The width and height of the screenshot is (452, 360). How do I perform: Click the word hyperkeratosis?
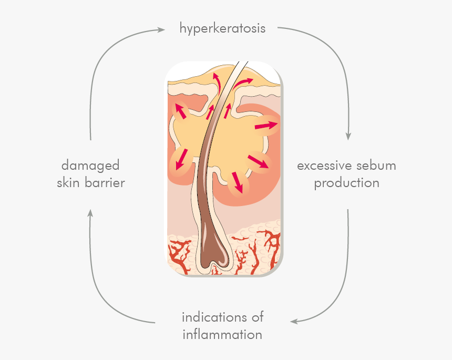point(222,29)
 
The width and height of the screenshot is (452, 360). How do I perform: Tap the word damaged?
point(90,166)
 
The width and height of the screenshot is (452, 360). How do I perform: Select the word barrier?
point(105,182)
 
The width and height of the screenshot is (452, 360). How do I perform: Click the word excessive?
point(324,166)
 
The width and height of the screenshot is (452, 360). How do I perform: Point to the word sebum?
point(376,166)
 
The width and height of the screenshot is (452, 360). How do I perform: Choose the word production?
point(346,183)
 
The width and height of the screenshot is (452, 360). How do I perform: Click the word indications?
point(214,317)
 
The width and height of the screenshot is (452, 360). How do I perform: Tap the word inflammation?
point(222,334)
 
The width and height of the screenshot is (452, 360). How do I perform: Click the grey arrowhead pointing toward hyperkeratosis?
point(161,29)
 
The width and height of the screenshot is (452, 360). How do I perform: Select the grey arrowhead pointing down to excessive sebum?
point(348,136)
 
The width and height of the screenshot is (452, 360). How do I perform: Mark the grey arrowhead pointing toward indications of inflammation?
point(294,321)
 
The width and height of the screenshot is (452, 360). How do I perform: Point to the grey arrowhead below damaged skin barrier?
point(90,213)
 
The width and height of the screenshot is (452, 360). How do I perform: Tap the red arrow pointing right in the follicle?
point(266,126)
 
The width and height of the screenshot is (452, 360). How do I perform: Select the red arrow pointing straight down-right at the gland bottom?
point(238,182)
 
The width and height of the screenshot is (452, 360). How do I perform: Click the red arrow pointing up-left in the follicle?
point(181,111)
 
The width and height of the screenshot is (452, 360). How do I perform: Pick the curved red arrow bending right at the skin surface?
point(242,83)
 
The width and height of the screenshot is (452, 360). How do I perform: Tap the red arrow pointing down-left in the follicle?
point(182,159)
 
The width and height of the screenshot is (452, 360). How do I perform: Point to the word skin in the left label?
point(68,182)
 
